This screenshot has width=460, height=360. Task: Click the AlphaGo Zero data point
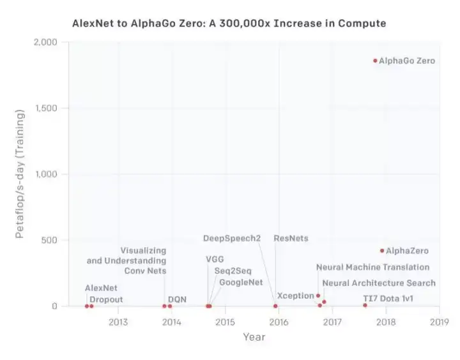point(375,61)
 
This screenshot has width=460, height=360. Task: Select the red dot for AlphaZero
point(382,251)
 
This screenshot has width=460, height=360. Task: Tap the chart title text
point(229,24)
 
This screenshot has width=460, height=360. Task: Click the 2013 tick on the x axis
point(118,322)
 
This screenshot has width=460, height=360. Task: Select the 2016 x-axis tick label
point(279,322)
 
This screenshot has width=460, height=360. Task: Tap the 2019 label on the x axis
point(439,322)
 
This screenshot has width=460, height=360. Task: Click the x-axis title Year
point(254,337)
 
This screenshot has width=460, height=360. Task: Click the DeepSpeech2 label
point(232,238)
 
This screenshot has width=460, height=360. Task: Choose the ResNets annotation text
point(291,238)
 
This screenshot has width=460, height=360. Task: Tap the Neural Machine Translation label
point(372,267)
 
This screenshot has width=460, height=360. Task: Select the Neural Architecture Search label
point(379,283)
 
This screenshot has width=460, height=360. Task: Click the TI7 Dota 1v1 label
point(388,298)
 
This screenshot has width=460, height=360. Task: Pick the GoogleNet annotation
point(240,283)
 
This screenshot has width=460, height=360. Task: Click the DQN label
point(177,298)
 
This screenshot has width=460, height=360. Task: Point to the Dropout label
point(106,299)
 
